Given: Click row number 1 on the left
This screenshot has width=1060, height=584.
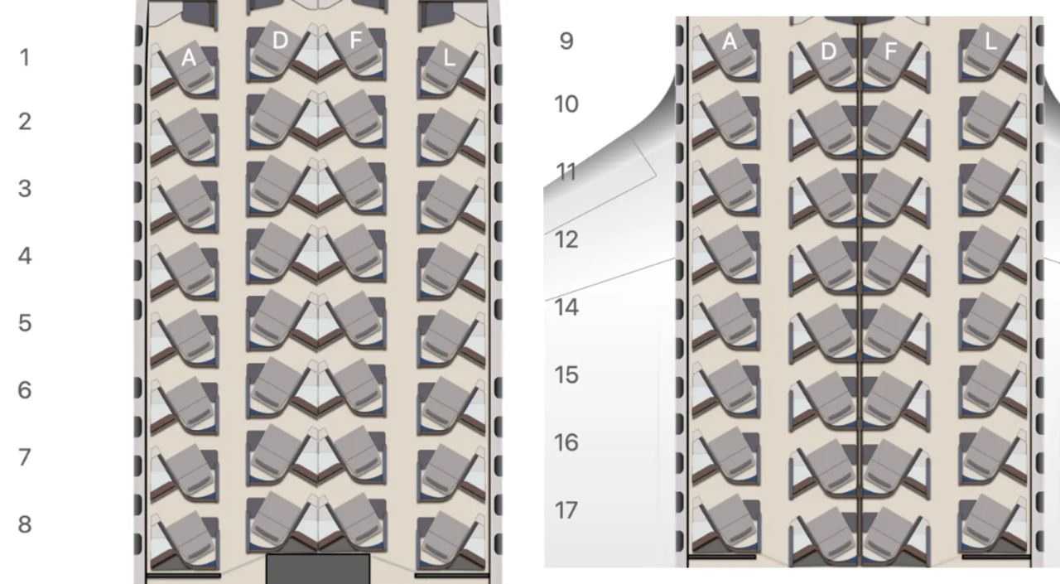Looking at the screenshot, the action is click(25, 58).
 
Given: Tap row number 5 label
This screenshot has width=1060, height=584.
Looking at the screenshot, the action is click(25, 323).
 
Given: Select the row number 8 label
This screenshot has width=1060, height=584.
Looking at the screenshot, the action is click(25, 524).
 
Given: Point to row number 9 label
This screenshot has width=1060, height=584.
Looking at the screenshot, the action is click(566, 41).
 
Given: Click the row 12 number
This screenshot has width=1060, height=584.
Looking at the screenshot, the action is click(566, 239).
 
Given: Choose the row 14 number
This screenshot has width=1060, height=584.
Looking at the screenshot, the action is click(566, 307).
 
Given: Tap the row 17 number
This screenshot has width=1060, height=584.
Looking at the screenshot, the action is click(566, 510).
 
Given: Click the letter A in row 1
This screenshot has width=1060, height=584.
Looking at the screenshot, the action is click(188, 58).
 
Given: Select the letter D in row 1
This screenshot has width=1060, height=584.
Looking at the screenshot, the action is click(280, 41).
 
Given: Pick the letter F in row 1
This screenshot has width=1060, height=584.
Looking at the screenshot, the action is click(355, 41).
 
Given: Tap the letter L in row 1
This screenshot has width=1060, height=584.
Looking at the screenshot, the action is click(449, 58).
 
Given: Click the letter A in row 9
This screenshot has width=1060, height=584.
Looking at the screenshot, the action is click(730, 42).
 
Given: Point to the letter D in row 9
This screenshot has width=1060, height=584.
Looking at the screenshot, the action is click(827, 51).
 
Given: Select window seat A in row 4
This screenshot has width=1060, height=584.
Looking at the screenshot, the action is click(185, 271).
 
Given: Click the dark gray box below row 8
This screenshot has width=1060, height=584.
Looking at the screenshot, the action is click(318, 569).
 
